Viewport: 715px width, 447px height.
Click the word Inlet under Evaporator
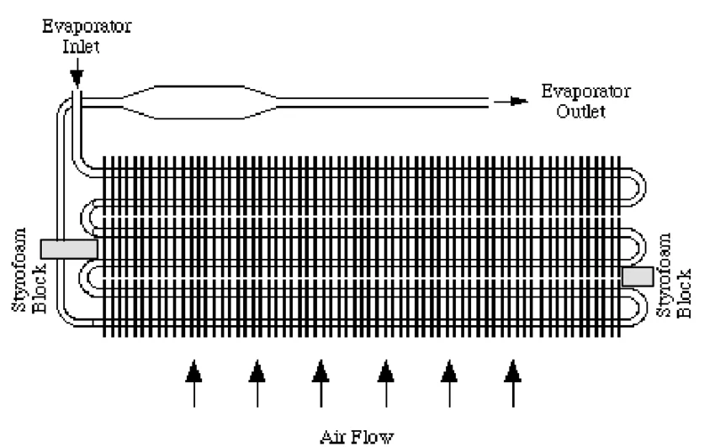coord(81,46)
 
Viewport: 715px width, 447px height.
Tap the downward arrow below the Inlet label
coord(77,72)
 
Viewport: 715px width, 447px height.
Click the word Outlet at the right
coord(581,111)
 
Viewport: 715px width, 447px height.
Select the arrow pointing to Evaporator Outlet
coord(511,101)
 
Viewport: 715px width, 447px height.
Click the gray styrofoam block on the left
coord(69,250)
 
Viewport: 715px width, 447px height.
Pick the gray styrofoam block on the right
coord(638,276)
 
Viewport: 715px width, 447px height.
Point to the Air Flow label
coord(357,437)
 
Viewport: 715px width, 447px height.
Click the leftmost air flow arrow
coord(193,383)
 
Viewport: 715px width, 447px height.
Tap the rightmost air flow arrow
coord(513,383)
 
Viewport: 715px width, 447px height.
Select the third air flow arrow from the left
coord(320,383)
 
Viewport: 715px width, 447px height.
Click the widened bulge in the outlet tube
coord(199,102)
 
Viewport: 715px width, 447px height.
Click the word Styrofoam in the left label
coord(19,270)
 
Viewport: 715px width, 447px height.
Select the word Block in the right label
coord(684,293)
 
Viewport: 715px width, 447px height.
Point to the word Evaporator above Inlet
coord(87,26)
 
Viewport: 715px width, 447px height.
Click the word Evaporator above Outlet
coord(586,91)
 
